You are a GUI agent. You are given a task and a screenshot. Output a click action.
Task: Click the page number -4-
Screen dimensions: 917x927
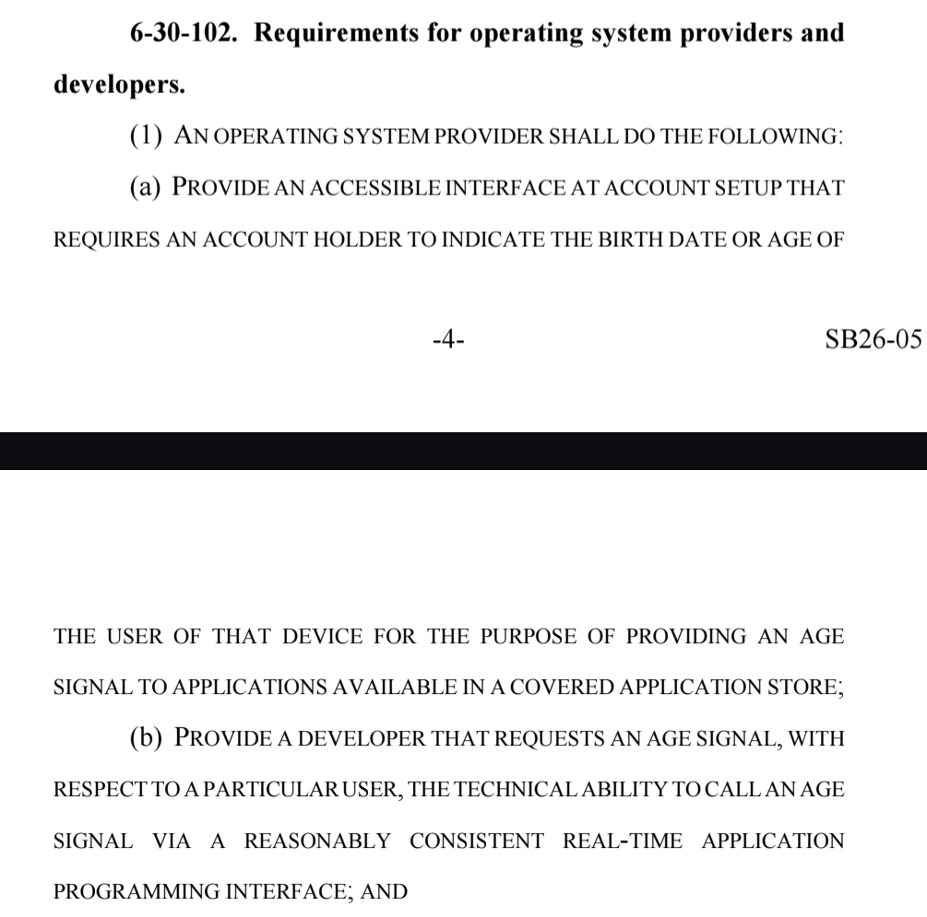[448, 339]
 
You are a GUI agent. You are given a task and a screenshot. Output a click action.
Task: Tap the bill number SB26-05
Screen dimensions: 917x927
[874, 339]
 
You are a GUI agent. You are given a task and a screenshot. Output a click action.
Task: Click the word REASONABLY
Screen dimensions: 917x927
[317, 841]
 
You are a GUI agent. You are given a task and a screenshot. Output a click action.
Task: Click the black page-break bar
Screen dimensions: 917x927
[463, 451]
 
